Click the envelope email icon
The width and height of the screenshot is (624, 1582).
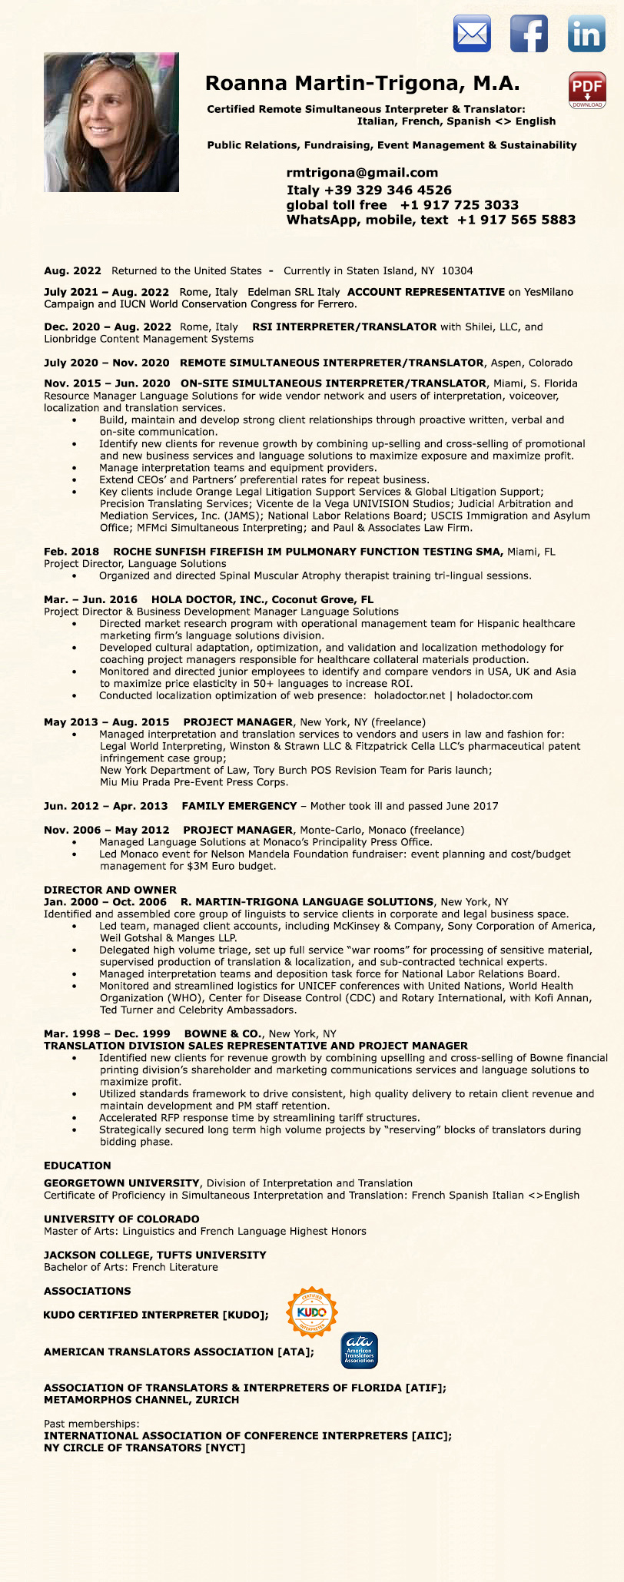[472, 35]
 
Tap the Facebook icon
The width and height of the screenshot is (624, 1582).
[529, 35]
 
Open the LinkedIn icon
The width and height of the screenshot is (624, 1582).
[586, 35]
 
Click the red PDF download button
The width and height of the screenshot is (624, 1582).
[587, 90]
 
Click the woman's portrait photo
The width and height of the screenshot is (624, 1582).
[111, 122]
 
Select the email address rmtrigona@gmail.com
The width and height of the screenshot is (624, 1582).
[362, 173]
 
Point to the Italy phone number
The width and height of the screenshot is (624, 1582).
[369, 190]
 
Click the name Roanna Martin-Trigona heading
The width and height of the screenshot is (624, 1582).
[362, 83]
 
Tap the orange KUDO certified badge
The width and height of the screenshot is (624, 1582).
[312, 1312]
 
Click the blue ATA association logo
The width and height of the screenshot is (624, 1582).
[359, 1351]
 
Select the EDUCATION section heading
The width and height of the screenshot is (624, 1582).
[78, 1166]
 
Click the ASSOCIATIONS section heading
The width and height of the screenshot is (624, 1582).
[88, 1291]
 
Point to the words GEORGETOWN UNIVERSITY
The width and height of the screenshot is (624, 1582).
[121, 1183]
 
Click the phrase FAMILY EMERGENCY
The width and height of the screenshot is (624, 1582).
[239, 806]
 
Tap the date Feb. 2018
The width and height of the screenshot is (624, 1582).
[71, 552]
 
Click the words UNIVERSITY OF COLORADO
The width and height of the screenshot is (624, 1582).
[121, 1219]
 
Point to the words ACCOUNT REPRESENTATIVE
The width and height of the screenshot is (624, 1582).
[426, 292]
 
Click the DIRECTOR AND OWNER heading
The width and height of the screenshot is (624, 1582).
[110, 890]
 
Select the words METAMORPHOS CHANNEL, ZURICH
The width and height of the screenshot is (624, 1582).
[141, 1400]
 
